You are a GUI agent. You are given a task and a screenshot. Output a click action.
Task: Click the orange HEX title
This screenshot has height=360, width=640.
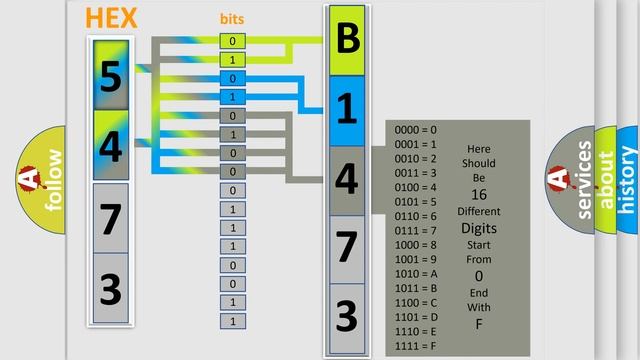pyautogui.click(x=112, y=18)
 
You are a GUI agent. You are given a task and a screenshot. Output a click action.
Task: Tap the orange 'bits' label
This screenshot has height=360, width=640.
pyautogui.click(x=232, y=19)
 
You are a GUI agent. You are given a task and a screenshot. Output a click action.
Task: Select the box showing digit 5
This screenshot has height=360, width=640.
pyautogui.click(x=111, y=75)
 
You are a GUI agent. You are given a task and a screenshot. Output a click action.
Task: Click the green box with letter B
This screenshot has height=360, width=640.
pyautogui.click(x=347, y=41)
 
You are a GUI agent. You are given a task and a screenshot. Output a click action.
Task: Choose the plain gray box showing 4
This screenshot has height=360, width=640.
pyautogui.click(x=347, y=179)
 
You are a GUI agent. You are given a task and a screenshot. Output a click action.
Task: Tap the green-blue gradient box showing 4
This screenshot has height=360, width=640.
pyautogui.click(x=111, y=145)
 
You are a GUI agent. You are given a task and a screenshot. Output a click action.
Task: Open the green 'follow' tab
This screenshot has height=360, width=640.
pyautogui.click(x=51, y=180)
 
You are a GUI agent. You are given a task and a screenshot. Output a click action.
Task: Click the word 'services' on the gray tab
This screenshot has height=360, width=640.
pyautogui.click(x=585, y=180)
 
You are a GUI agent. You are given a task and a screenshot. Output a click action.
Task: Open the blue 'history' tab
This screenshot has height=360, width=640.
pyautogui.click(x=628, y=180)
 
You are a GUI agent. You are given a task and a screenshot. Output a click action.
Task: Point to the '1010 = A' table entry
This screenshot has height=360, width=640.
pyautogui.click(x=416, y=273)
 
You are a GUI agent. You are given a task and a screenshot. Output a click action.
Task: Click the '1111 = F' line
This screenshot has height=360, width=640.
pyautogui.click(x=416, y=346)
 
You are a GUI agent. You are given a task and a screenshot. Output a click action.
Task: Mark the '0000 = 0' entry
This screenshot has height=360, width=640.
pyautogui.click(x=416, y=130)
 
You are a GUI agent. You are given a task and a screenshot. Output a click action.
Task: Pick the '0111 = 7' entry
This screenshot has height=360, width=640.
pyautogui.click(x=416, y=230)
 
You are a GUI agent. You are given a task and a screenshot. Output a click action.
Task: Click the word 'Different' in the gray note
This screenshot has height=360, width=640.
pyautogui.click(x=479, y=211)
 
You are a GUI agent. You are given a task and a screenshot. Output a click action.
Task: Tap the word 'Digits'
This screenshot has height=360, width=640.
pyautogui.click(x=479, y=228)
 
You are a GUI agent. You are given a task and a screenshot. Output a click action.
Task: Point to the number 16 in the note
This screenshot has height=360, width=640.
pyautogui.click(x=479, y=194)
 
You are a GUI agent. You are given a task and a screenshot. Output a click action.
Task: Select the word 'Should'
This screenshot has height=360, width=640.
pyautogui.click(x=479, y=163)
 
